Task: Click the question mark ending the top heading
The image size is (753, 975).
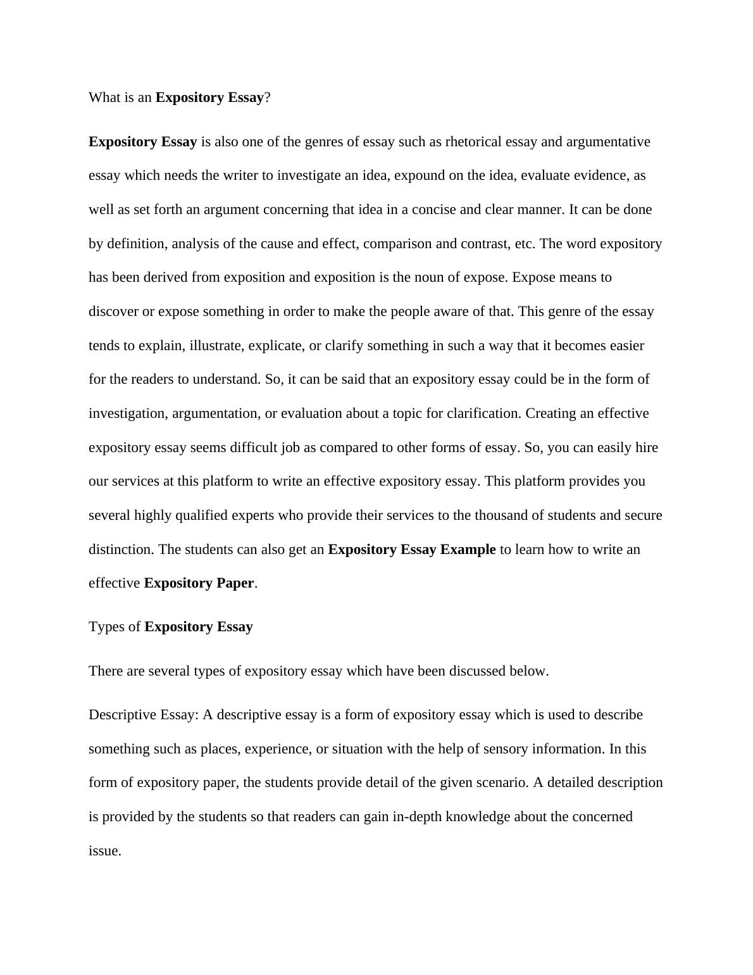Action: click(268, 97)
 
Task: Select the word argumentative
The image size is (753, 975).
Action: click(608, 142)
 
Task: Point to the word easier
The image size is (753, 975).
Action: click(627, 346)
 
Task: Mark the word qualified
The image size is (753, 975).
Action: click(202, 515)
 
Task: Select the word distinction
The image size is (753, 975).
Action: click(121, 550)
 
